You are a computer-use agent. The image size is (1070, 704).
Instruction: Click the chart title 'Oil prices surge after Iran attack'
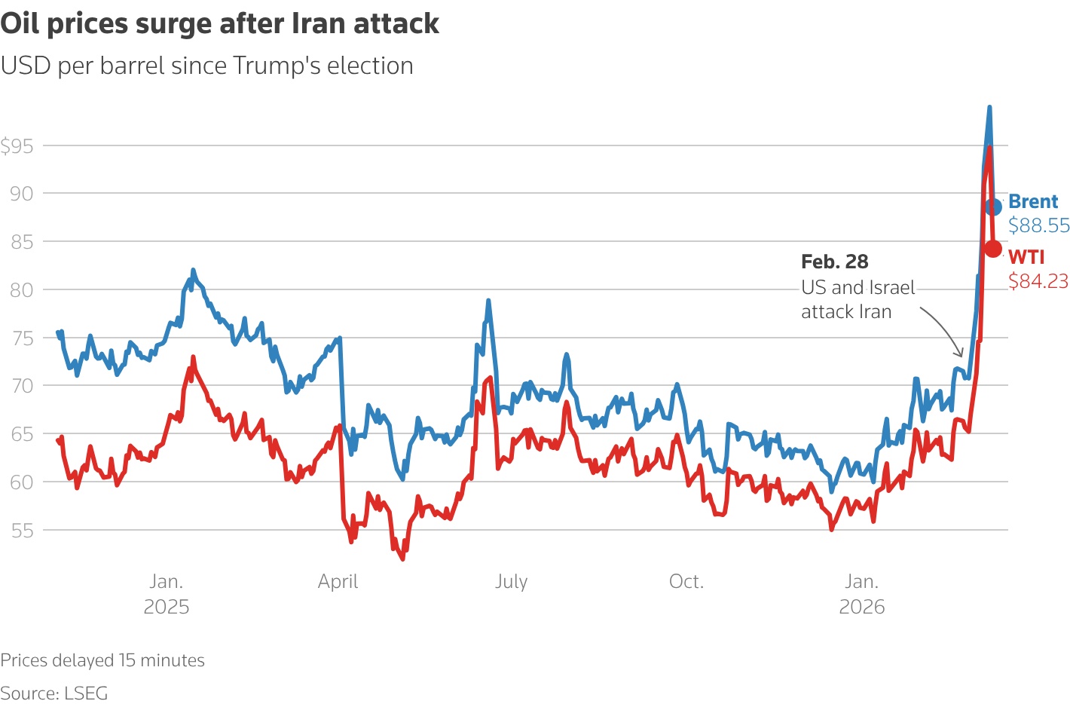(219, 24)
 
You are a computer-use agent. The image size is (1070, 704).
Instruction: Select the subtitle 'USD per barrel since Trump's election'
(206, 66)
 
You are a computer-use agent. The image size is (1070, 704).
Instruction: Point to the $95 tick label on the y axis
(17, 146)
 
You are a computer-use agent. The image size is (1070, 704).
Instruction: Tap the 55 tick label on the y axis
(22, 530)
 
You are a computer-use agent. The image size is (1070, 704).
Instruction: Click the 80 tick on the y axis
(22, 290)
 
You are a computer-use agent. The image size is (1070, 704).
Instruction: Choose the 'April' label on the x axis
(338, 582)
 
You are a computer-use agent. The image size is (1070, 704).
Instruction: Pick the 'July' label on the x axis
(511, 582)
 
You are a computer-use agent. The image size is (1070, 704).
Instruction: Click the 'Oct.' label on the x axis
(686, 582)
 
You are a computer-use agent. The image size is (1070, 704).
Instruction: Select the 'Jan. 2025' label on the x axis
(166, 594)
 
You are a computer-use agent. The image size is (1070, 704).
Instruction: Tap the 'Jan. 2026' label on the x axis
(861, 594)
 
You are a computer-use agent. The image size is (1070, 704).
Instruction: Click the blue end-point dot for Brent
(993, 206)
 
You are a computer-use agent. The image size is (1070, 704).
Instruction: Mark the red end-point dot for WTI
(993, 249)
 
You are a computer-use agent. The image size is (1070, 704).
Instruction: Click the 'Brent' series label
(1033, 202)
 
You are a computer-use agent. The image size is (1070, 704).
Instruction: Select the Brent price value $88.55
(1039, 225)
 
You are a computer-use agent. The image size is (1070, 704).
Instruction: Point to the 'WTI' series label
(1026, 257)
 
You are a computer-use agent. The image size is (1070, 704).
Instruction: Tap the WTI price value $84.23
(1038, 281)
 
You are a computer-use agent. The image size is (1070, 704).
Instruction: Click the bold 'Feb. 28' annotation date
(835, 262)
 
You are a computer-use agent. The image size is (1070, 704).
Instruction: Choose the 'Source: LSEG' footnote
(54, 693)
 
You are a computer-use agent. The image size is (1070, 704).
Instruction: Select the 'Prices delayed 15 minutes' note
(102, 660)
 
